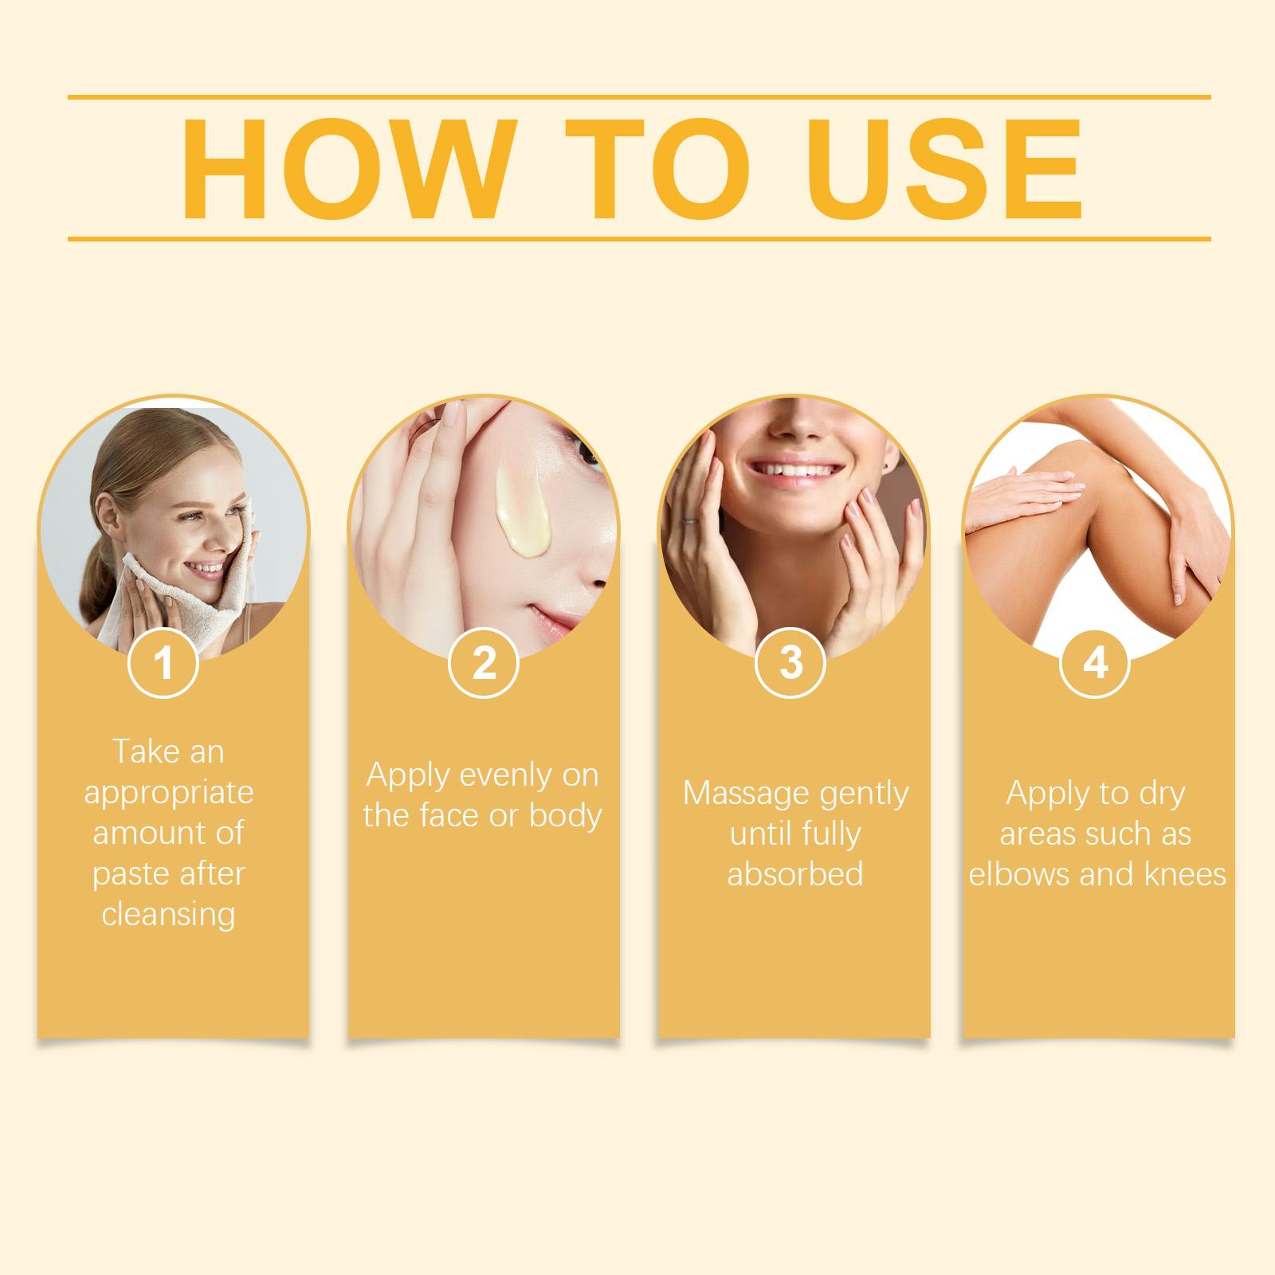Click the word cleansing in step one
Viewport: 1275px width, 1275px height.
click(168, 914)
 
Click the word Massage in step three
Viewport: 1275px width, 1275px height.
click(746, 793)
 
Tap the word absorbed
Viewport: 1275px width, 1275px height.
click(795, 873)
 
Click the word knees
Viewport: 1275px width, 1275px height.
click(1185, 874)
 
